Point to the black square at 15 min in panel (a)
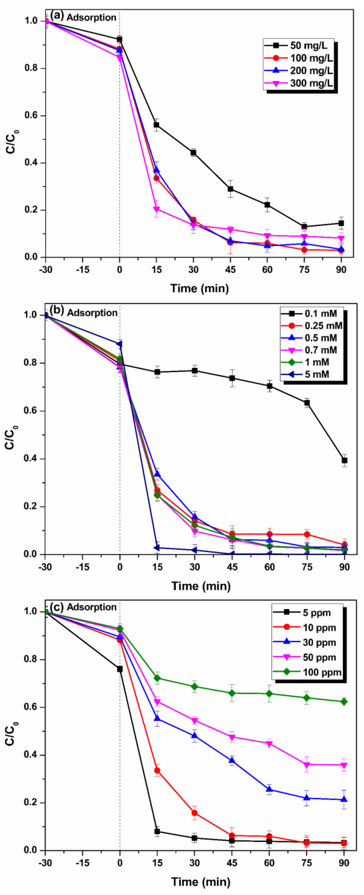(157, 125)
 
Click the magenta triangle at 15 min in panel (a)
(157, 210)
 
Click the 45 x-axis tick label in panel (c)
(232, 863)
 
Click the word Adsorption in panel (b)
(92, 313)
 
